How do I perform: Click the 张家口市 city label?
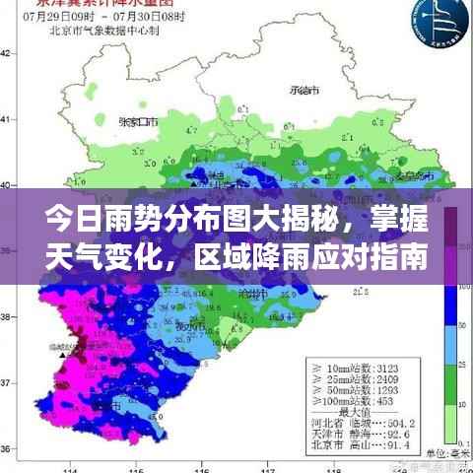(138, 123)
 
